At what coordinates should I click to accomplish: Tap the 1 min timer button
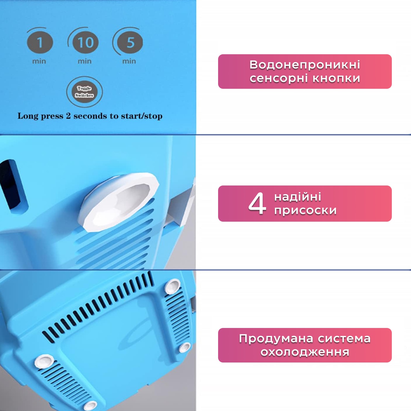(x=40, y=42)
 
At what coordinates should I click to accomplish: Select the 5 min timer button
(x=130, y=42)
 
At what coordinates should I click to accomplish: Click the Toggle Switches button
(x=84, y=92)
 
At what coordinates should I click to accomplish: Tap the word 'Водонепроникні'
(x=305, y=65)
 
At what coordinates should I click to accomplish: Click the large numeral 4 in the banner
(x=257, y=203)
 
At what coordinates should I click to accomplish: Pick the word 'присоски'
(x=305, y=210)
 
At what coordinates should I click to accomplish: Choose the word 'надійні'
(x=298, y=197)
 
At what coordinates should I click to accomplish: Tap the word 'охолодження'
(x=305, y=352)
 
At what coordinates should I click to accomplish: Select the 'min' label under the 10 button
(x=85, y=61)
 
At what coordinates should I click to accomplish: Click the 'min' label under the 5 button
(x=129, y=61)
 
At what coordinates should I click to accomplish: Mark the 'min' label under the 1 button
(x=39, y=61)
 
